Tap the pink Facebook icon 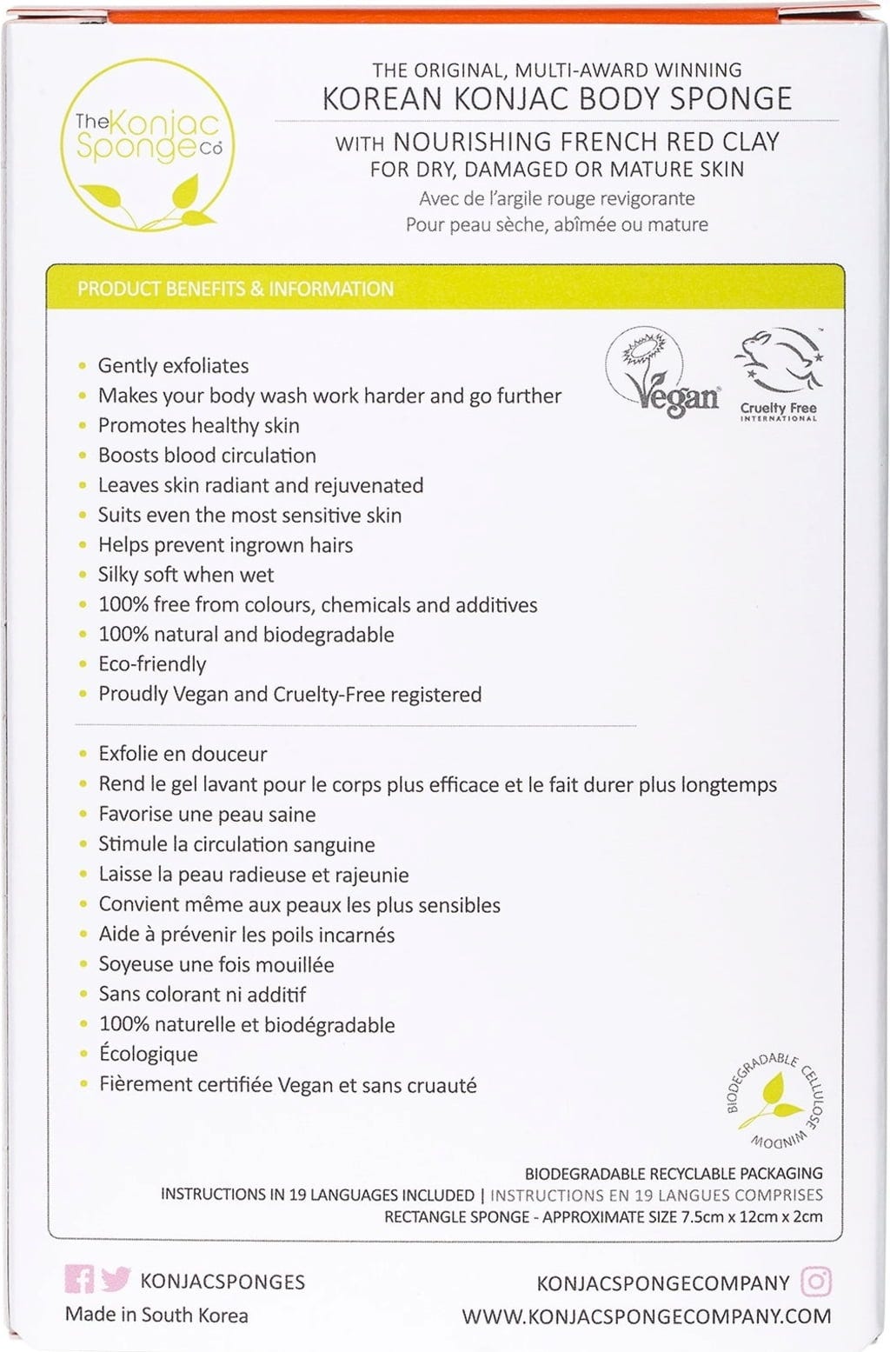tap(79, 1279)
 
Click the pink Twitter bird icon tap(115, 1279)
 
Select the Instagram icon tap(815, 1282)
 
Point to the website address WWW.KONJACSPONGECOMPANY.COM tap(646, 1316)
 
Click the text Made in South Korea tap(156, 1315)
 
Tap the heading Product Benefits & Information tap(236, 289)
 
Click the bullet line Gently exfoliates tap(173, 366)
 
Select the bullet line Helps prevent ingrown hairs tap(225, 545)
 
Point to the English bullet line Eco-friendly tap(152, 664)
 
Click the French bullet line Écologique tap(148, 1055)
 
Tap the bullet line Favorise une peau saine tap(207, 815)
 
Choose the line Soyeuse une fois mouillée tap(216, 964)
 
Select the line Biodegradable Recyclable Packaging tap(674, 1174)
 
